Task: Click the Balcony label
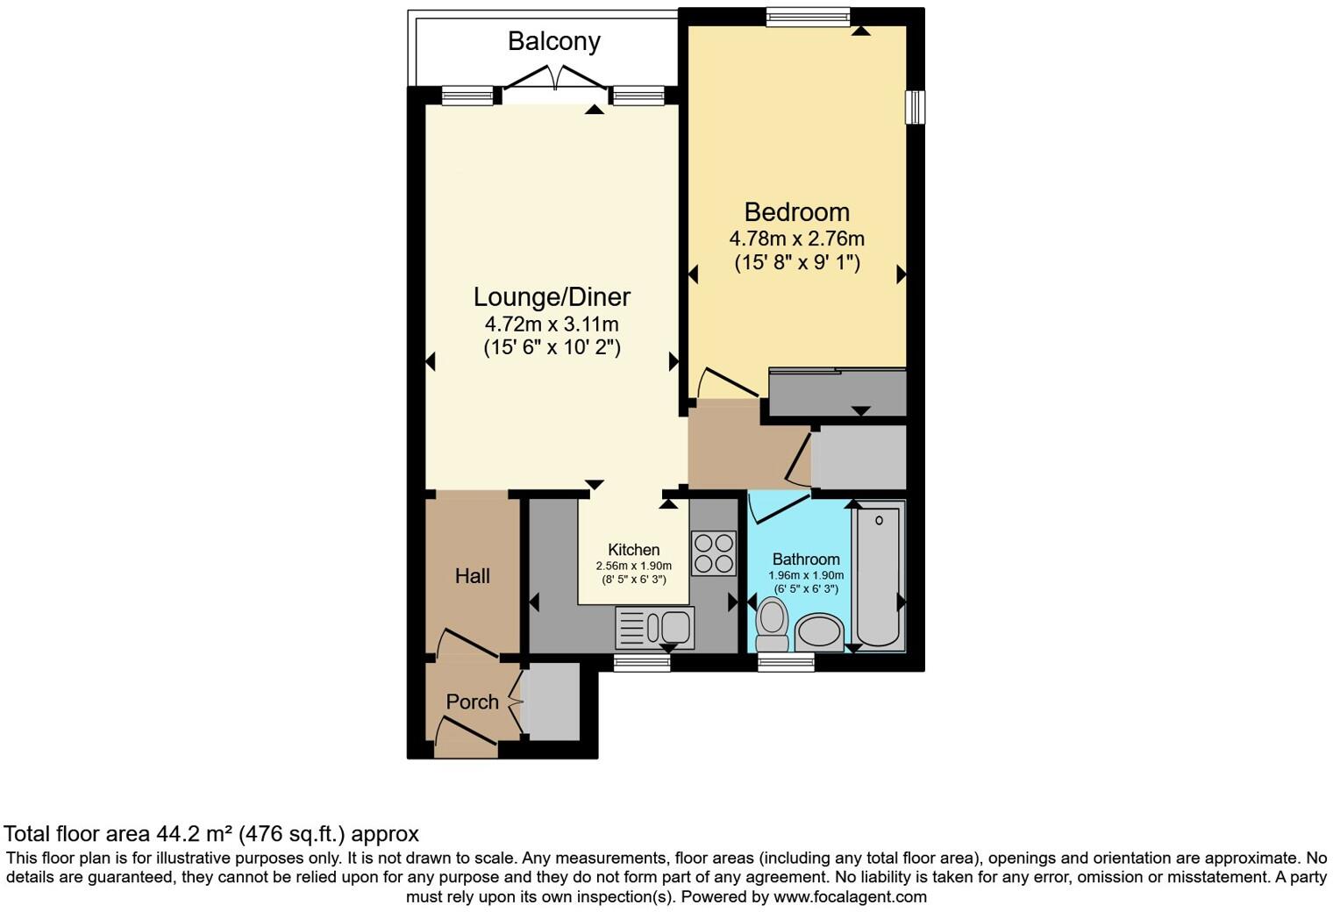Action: tap(553, 41)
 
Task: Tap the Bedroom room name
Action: tap(796, 212)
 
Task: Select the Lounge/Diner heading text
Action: tap(552, 297)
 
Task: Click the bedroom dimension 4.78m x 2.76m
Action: tap(796, 239)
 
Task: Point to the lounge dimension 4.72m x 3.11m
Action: tap(552, 324)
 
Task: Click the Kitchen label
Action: tap(633, 550)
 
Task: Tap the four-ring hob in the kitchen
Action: tap(713, 553)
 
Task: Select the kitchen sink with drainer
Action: tap(655, 627)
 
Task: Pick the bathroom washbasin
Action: tap(820, 631)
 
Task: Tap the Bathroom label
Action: tap(805, 559)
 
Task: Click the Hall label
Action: tap(472, 576)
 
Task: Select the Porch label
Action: tap(472, 702)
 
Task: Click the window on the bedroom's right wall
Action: tap(915, 107)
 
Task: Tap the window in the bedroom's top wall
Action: tap(807, 17)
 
